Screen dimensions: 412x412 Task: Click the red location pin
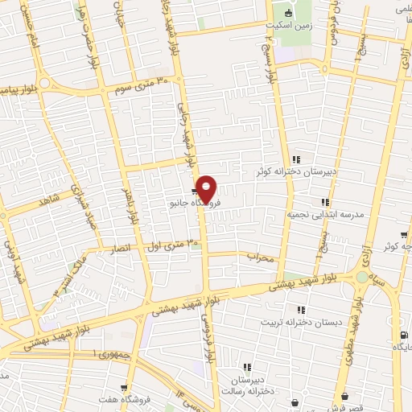tap(206, 189)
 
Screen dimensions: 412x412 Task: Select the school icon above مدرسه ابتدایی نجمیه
tap(325, 202)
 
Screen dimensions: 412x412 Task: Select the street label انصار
tap(120, 250)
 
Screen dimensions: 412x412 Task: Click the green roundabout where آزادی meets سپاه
tap(363, 278)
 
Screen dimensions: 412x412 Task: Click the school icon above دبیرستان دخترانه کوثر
tap(296, 159)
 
